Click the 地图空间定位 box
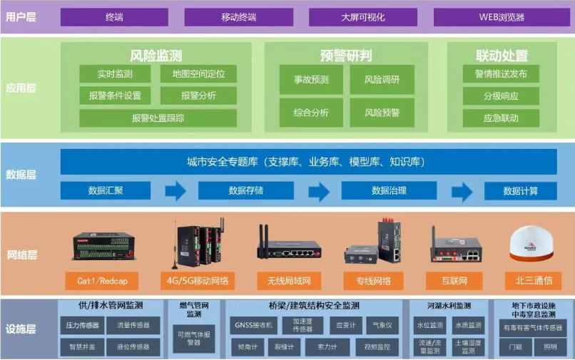[x=198, y=74]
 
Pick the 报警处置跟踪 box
[x=158, y=118]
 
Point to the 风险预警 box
[x=382, y=113]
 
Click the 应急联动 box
[x=501, y=118]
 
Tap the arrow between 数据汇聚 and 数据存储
[x=175, y=191]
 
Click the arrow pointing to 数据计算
[x=462, y=191]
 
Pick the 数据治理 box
[x=389, y=191]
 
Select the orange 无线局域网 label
[x=289, y=280]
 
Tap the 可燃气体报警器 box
[x=193, y=338]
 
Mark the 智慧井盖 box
[x=83, y=347]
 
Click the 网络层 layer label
[x=21, y=254]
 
